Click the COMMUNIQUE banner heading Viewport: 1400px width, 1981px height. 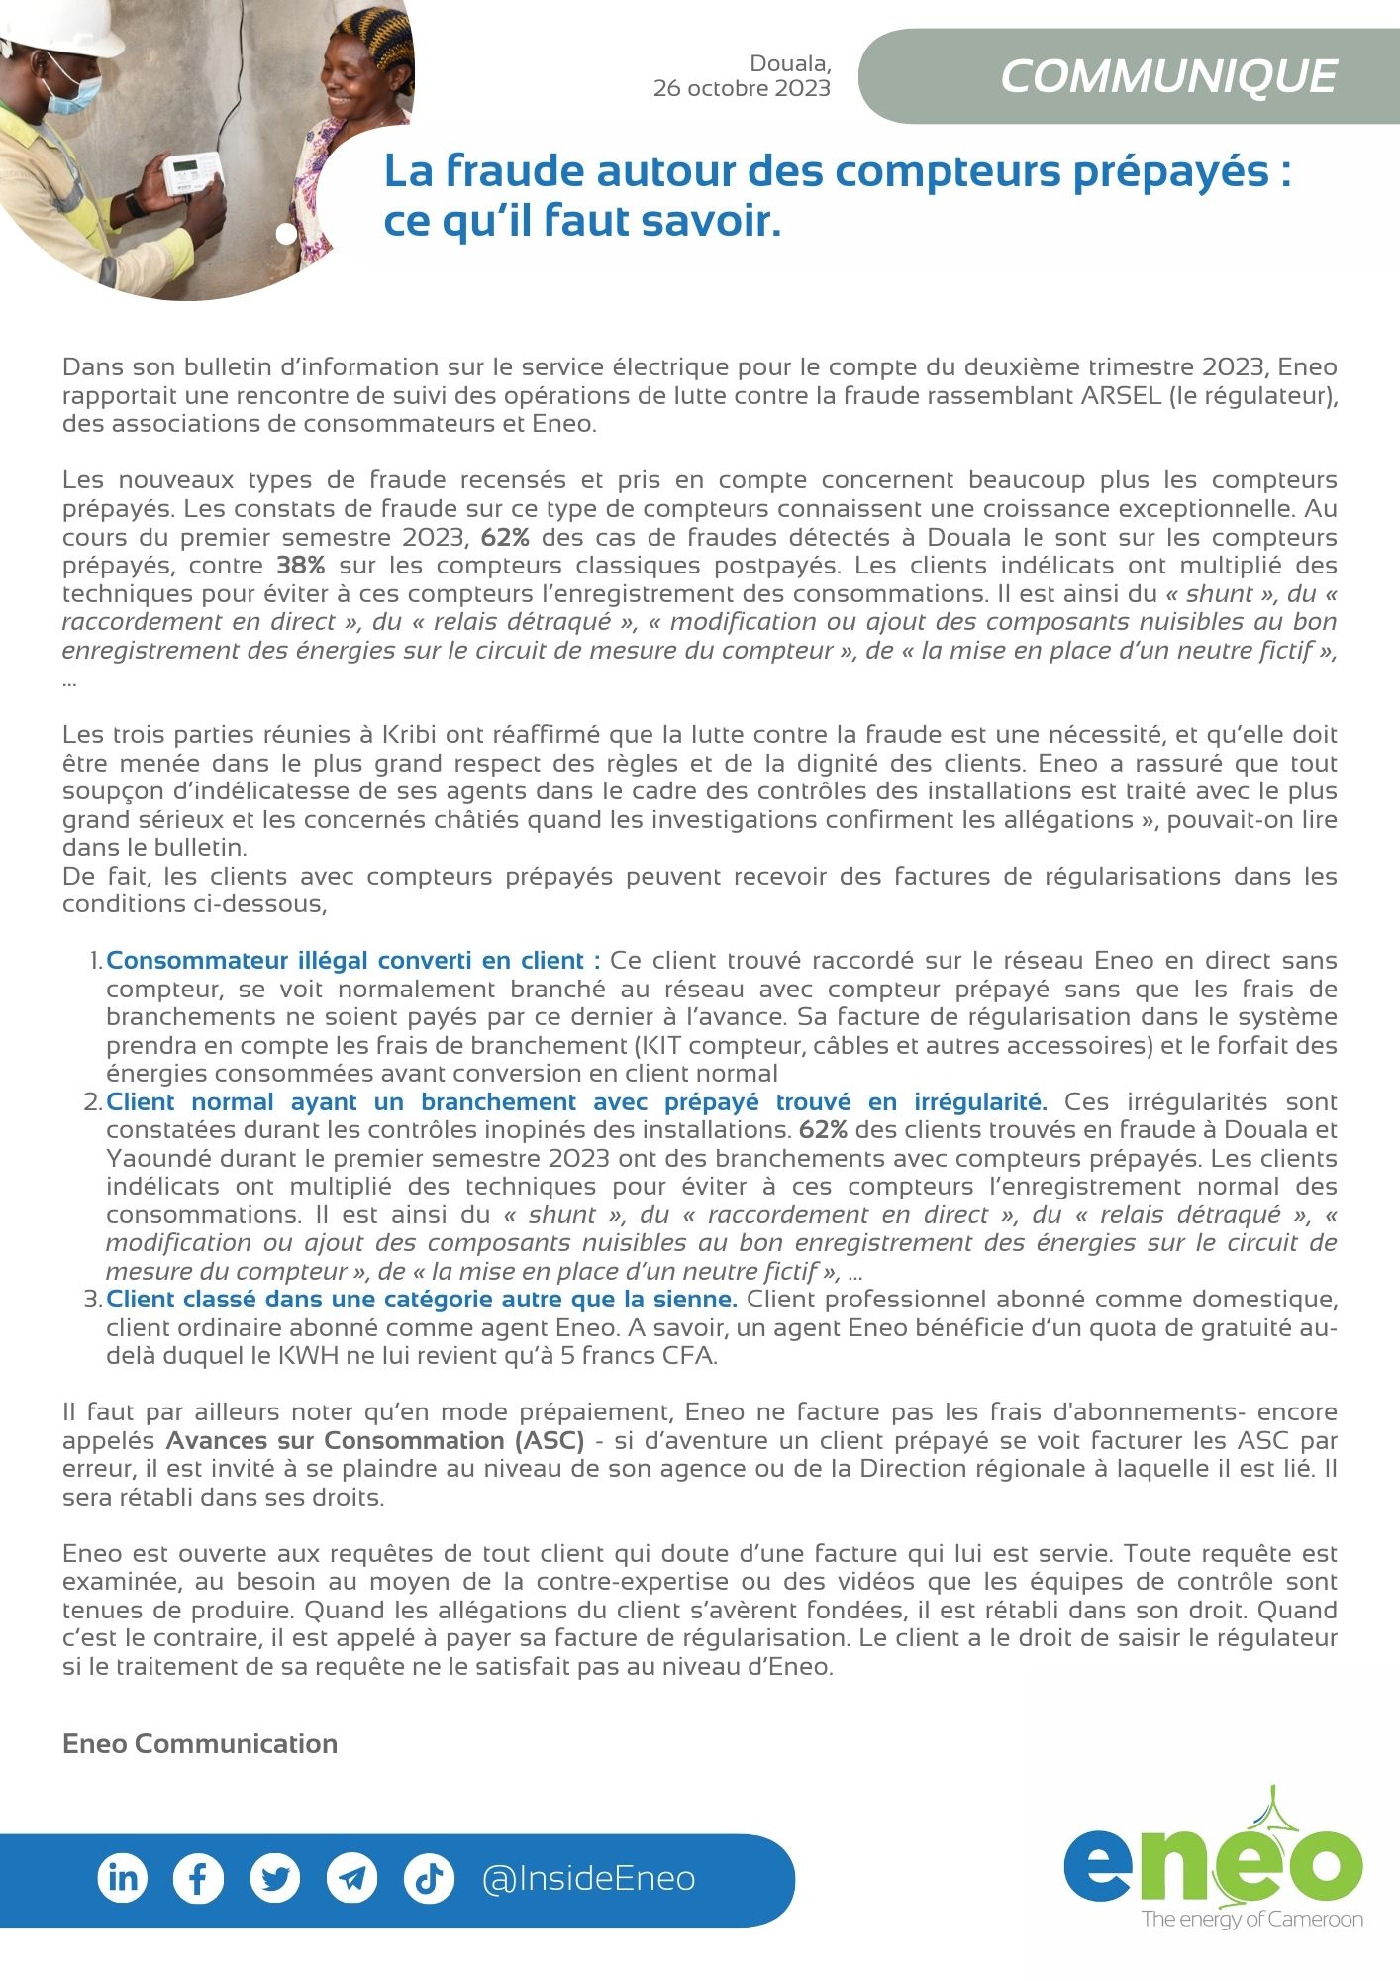tap(1168, 77)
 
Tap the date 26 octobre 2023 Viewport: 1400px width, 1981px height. tap(742, 89)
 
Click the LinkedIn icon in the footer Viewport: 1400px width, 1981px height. tap(123, 1878)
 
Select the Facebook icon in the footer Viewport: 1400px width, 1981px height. tap(198, 1878)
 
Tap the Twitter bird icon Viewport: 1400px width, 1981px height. tap(275, 1878)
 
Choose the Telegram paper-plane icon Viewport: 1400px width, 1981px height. tap(351, 1878)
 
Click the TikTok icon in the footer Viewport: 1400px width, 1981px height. tap(429, 1878)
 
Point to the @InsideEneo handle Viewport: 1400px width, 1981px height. tap(588, 1878)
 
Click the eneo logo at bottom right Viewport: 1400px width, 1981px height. tap(1214, 1867)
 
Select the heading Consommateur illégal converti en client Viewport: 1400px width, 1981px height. tap(352, 960)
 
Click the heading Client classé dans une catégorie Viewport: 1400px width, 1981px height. tap(421, 1299)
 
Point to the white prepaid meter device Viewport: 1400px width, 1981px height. tap(192, 175)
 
